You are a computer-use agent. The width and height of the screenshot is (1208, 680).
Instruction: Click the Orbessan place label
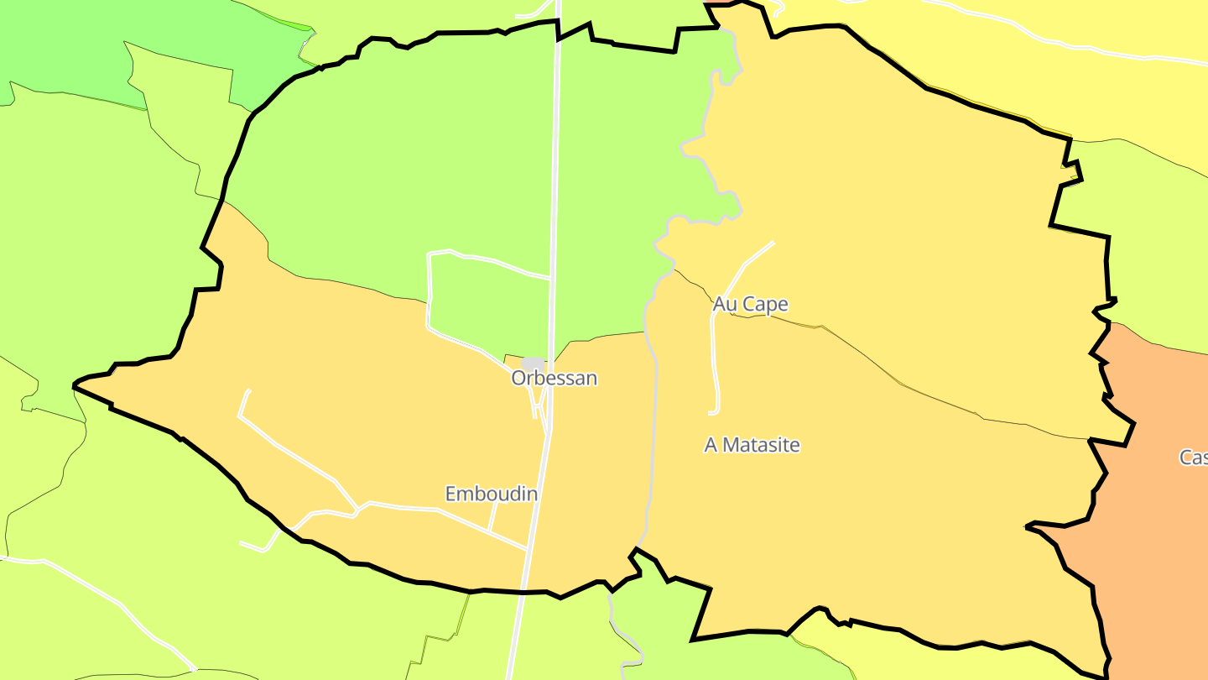click(x=555, y=378)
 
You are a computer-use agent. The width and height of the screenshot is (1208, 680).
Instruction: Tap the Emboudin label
click(x=491, y=494)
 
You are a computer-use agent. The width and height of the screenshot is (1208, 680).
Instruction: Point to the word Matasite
click(x=762, y=445)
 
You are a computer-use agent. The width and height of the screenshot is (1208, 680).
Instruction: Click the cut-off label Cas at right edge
click(x=1193, y=458)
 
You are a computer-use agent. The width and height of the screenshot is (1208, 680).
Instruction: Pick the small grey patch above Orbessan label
click(x=534, y=363)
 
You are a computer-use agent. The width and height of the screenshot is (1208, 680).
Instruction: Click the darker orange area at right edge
click(x=1158, y=504)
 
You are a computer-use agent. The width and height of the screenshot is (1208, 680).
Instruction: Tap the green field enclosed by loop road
click(x=487, y=302)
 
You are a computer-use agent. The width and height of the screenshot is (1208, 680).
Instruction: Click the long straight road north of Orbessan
click(x=555, y=168)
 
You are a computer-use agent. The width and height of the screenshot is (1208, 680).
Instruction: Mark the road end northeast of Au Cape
click(x=772, y=243)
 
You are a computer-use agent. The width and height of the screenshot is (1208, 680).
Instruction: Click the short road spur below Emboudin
click(x=492, y=516)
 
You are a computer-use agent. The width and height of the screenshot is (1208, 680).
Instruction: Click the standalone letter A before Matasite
click(x=711, y=445)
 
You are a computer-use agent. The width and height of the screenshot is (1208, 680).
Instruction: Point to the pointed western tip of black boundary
click(x=75, y=386)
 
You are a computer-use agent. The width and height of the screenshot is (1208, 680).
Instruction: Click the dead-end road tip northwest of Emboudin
click(x=248, y=391)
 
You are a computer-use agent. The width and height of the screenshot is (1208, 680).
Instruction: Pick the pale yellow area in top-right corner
click(x=1091, y=84)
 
